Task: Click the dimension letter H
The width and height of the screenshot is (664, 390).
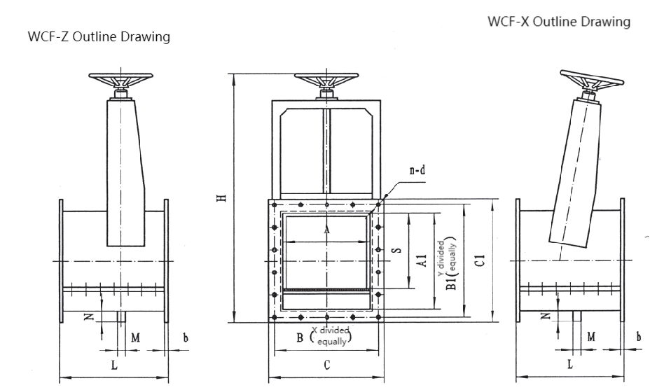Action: (x=220, y=197)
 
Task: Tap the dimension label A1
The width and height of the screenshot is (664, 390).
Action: (x=421, y=260)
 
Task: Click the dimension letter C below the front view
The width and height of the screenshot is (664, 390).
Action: (x=326, y=364)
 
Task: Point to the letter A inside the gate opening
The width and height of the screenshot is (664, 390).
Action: (x=326, y=229)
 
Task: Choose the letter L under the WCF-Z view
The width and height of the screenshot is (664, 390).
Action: (x=114, y=365)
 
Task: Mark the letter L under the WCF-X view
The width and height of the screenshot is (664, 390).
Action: (x=569, y=364)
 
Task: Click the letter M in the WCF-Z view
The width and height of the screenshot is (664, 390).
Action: (x=136, y=337)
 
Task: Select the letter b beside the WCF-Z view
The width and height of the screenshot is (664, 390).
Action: (x=185, y=337)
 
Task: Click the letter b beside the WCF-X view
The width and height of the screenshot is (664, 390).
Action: (x=638, y=337)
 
